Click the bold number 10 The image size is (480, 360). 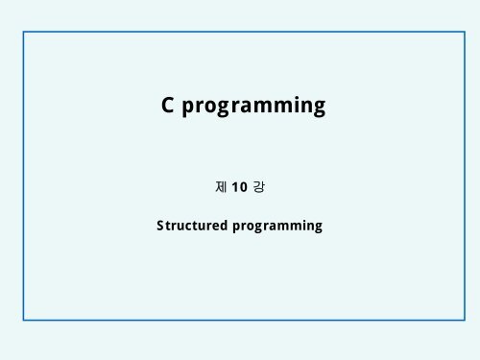pos(239,185)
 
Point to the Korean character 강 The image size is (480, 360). pos(257,185)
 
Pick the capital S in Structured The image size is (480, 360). pos(160,227)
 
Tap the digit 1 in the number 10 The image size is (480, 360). pos(235,185)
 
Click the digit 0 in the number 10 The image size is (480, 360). pos(242,185)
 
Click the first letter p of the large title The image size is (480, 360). pos(189,108)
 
